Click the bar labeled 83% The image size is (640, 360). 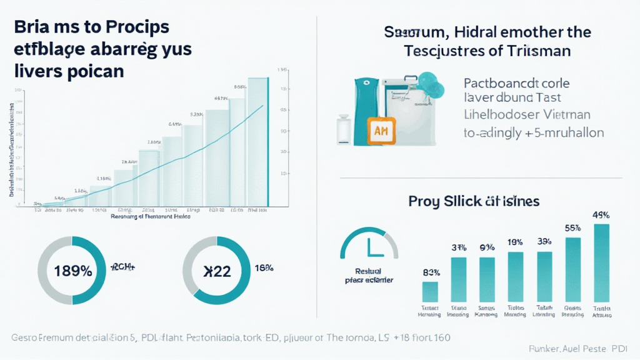click(430, 291)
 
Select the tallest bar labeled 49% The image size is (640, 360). click(601, 262)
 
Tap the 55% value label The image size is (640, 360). click(572, 228)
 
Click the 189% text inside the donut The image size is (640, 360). click(73, 271)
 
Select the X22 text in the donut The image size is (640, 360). click(217, 271)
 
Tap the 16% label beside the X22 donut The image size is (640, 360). click(264, 268)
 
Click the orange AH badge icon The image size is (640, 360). click(381, 131)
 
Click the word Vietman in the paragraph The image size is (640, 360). click(564, 115)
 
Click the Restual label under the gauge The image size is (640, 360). click(368, 271)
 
